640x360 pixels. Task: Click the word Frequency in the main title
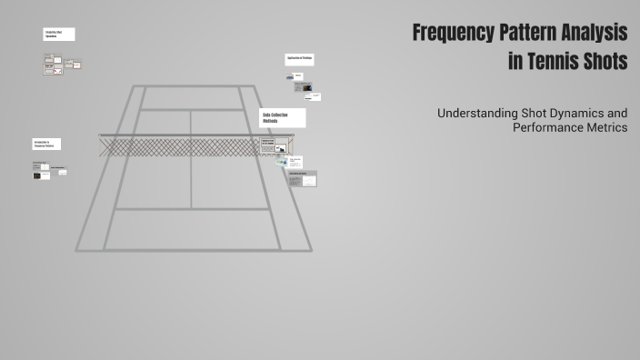pyautogui.click(x=453, y=34)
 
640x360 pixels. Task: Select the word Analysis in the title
pyautogui.click(x=596, y=34)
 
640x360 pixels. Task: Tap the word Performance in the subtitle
pyautogui.click(x=550, y=128)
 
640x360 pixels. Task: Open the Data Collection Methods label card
pyautogui.click(x=283, y=117)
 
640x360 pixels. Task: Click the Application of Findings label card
pyautogui.click(x=299, y=60)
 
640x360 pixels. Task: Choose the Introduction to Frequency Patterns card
pyautogui.click(x=46, y=144)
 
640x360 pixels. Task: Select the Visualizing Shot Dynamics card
pyautogui.click(x=58, y=35)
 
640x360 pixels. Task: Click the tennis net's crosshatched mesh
pyautogui.click(x=182, y=146)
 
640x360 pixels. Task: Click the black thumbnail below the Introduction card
pyautogui.click(x=42, y=175)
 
